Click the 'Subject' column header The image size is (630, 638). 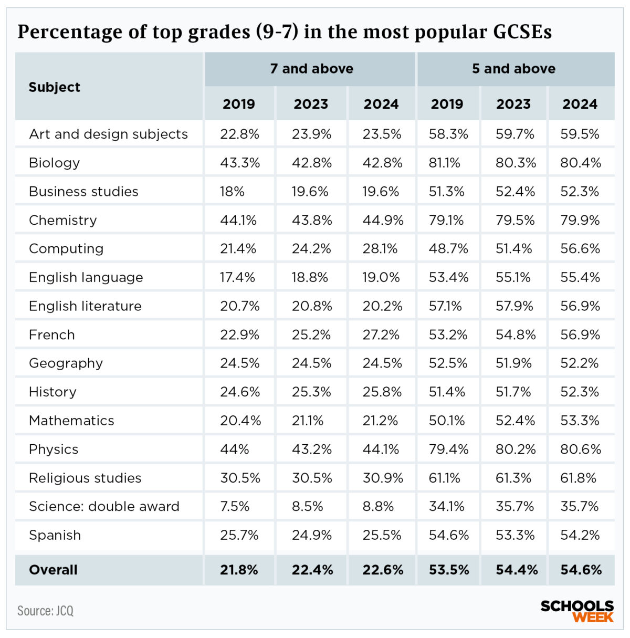[x=55, y=87]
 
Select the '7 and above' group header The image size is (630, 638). [x=311, y=69]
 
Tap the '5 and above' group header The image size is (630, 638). [x=513, y=69]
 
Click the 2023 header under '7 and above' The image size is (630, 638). [x=311, y=104]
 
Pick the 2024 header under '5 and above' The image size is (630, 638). [x=580, y=104]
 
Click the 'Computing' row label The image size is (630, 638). [x=66, y=248]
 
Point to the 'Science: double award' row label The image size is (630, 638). [x=104, y=506]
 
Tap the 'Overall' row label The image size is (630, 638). [x=53, y=570]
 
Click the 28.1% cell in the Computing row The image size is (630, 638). [x=381, y=248]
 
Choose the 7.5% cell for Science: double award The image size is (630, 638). [x=235, y=506]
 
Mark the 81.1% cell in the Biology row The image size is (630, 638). [x=445, y=163]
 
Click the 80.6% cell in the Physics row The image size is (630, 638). [x=580, y=449]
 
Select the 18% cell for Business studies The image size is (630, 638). [x=232, y=192]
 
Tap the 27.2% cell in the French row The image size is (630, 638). [x=381, y=334]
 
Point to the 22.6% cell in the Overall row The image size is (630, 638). [x=383, y=570]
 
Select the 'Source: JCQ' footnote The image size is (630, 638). [x=45, y=611]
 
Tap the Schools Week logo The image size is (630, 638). [x=577, y=611]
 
